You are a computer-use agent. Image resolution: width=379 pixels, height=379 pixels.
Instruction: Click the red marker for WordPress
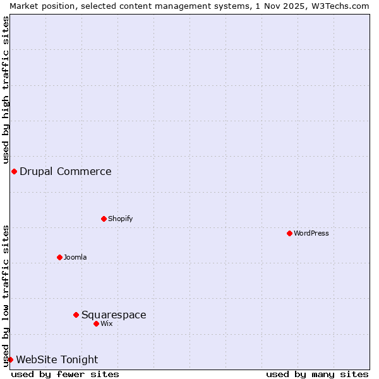(289, 233)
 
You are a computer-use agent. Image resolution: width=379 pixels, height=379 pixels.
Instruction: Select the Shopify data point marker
(104, 219)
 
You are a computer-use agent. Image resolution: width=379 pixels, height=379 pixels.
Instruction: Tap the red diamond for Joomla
(59, 257)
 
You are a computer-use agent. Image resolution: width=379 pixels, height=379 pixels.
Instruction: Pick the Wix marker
(96, 323)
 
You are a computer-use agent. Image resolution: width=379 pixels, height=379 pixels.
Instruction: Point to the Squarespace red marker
(76, 315)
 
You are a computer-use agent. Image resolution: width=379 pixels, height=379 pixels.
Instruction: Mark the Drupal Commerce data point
(14, 171)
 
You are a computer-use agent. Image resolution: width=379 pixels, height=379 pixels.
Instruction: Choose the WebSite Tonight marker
(10, 359)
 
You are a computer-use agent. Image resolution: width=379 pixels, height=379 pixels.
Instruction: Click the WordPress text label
(311, 233)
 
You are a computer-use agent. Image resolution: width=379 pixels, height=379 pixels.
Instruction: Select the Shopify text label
(120, 219)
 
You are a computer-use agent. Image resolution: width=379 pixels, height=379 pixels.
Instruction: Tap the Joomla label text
(75, 257)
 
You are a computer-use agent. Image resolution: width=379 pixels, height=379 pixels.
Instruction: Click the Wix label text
(106, 323)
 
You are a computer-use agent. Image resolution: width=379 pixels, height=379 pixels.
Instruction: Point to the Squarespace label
(114, 315)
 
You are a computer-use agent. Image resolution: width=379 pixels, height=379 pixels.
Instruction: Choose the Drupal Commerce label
(66, 171)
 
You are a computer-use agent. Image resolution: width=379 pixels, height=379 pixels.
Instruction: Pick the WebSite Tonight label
(57, 359)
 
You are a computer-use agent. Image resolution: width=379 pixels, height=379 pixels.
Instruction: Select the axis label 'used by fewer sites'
(65, 374)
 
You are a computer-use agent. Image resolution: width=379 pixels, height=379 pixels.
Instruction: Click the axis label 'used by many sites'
(317, 374)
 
